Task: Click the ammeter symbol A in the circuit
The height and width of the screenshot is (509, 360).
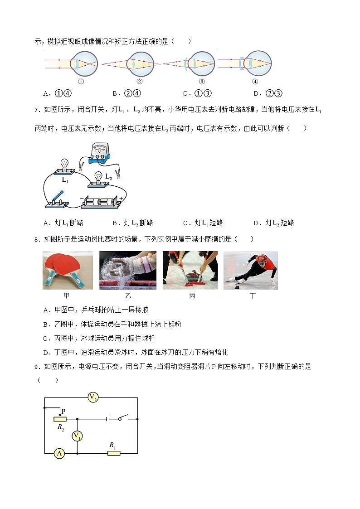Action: [59, 453]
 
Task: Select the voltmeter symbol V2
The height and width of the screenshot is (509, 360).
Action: [93, 398]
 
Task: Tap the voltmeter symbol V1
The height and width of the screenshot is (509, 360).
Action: [78, 436]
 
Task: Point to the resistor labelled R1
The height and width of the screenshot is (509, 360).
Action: [114, 453]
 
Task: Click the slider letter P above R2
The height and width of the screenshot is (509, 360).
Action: [63, 411]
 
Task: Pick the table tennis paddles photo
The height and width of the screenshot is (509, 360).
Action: [68, 270]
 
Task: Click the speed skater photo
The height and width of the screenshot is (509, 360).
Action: [251, 270]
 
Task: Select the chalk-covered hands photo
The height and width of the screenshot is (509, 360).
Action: [128, 270]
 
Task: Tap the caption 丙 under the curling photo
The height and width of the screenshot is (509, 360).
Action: [192, 296]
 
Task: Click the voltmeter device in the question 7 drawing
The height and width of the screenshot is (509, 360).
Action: [99, 152]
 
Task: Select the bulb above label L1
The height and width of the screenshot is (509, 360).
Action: [64, 164]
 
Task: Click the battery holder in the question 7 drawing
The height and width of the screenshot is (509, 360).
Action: [102, 201]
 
